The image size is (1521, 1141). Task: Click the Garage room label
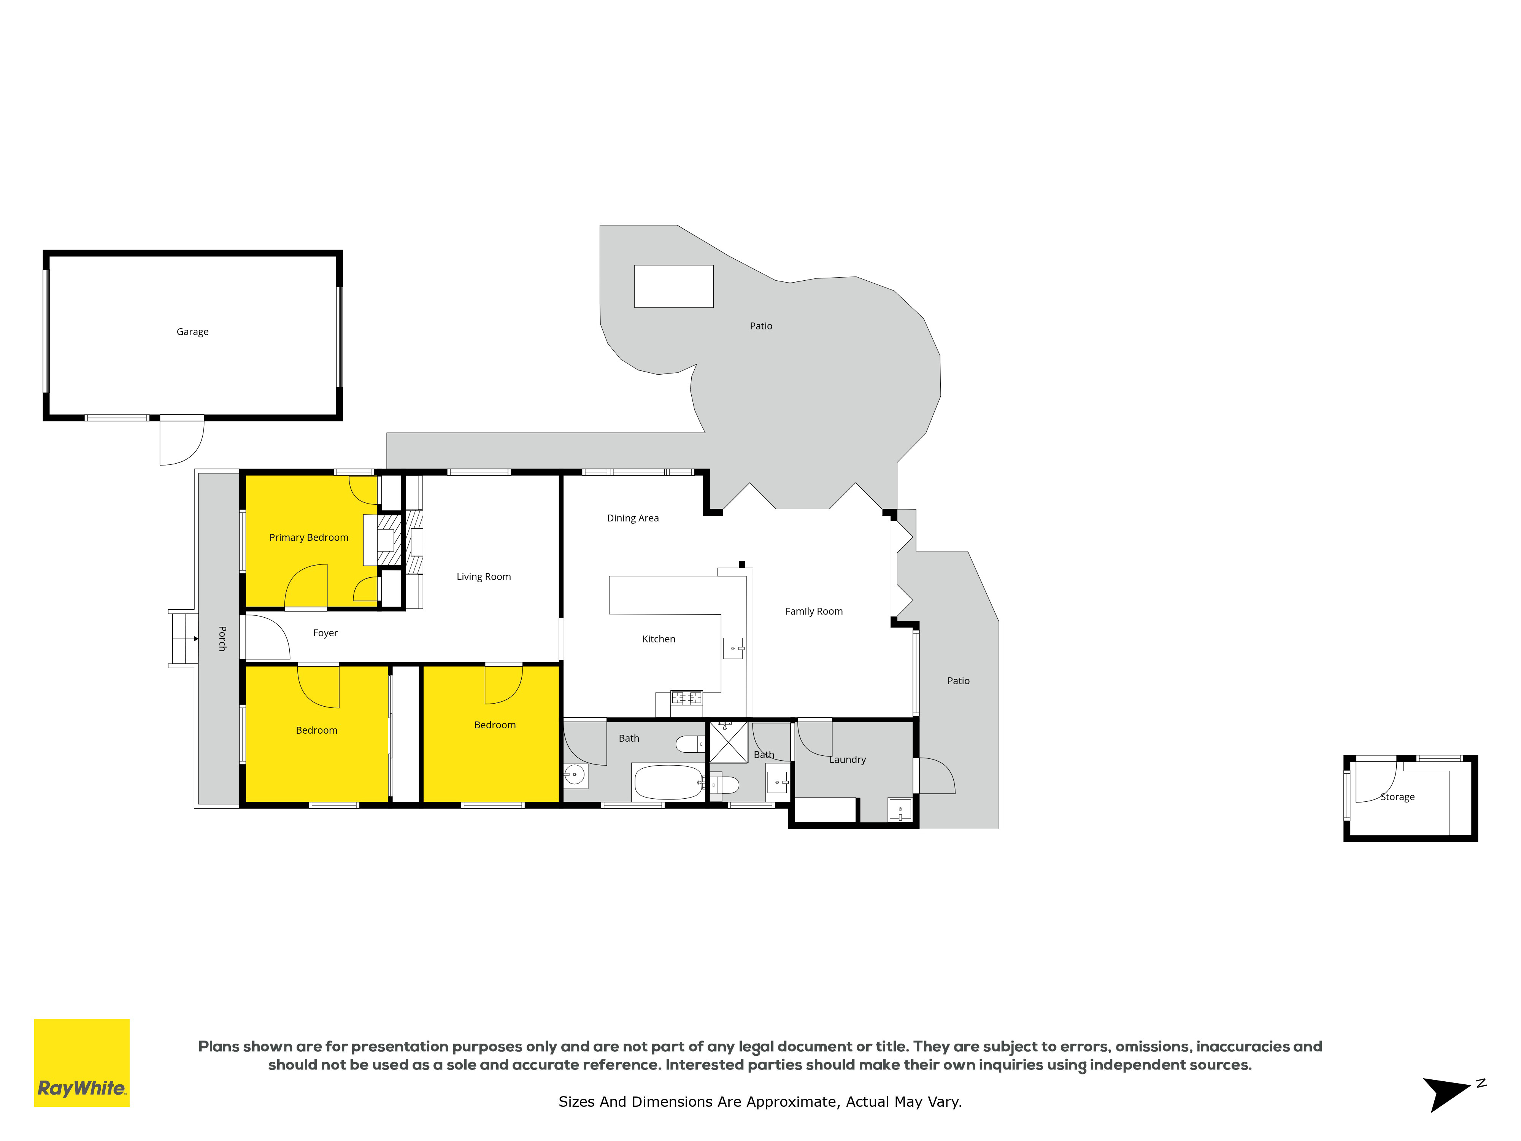tap(192, 332)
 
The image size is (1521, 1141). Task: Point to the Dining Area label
tap(633, 518)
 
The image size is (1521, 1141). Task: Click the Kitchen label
tap(659, 639)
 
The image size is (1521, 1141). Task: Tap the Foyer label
tap(325, 633)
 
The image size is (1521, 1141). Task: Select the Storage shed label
tap(1397, 796)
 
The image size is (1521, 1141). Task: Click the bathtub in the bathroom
tap(668, 782)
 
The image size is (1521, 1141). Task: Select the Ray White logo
tap(82, 1063)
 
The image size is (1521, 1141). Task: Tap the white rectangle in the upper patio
tap(674, 286)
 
